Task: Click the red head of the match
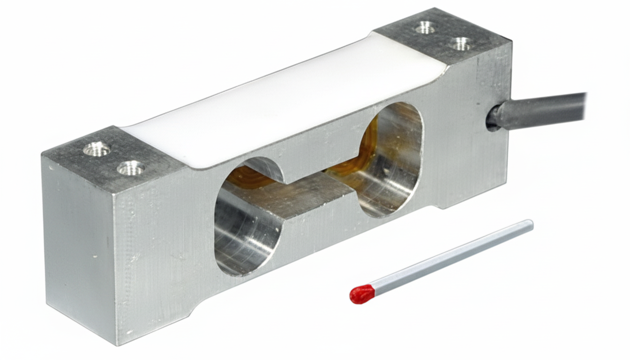(362, 294)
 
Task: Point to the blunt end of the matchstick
(530, 225)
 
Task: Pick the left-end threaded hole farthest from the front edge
(97, 150)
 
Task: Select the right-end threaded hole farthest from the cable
(425, 28)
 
